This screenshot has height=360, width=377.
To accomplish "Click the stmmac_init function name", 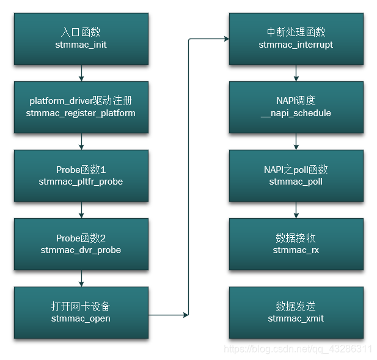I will pyautogui.click(x=81, y=45).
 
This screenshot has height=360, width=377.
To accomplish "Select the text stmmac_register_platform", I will pyautogui.click(x=81, y=113).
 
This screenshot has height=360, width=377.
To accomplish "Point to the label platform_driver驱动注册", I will pyautogui.click(x=81, y=101).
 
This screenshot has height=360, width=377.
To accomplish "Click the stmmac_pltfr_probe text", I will pyautogui.click(x=81, y=182).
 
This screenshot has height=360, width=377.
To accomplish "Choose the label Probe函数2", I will pyautogui.click(x=81, y=238).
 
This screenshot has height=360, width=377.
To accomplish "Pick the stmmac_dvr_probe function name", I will pyautogui.click(x=81, y=250).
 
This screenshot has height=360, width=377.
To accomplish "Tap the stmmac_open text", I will pyautogui.click(x=81, y=318).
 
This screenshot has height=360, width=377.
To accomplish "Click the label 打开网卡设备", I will pyautogui.click(x=81, y=306).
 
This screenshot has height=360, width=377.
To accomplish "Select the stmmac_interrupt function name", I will pyautogui.click(x=296, y=45).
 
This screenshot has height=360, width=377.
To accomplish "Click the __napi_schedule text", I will pyautogui.click(x=296, y=113).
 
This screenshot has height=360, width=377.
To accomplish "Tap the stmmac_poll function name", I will pyautogui.click(x=296, y=182).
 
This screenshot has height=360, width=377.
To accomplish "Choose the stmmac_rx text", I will pyautogui.click(x=296, y=250).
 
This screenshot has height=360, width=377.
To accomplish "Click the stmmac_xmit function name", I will pyautogui.click(x=296, y=318).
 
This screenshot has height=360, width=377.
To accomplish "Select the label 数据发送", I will pyautogui.click(x=296, y=306).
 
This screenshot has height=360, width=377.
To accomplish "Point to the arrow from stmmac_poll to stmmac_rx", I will pyautogui.click(x=296, y=210).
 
